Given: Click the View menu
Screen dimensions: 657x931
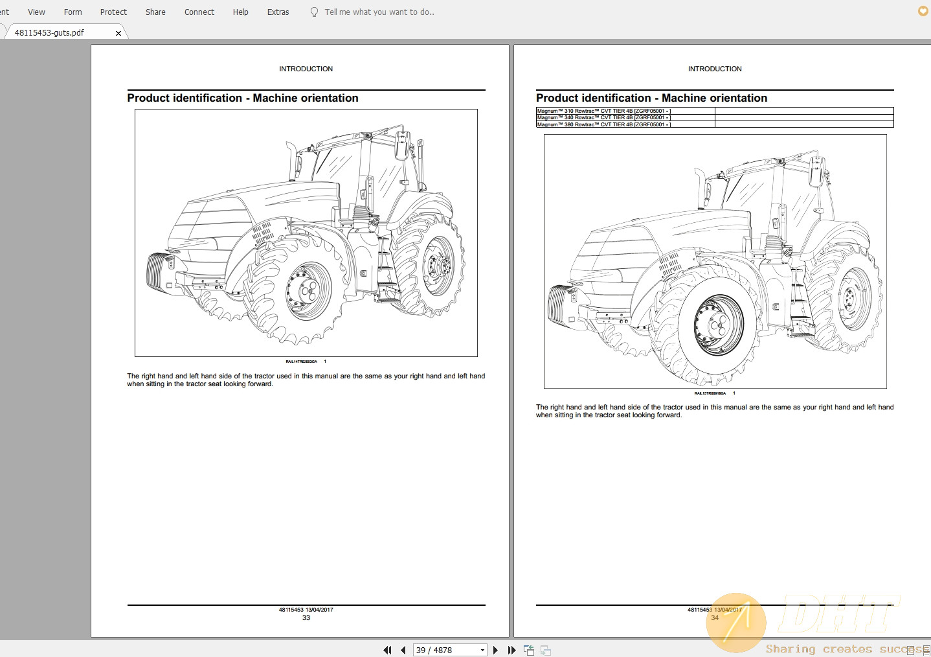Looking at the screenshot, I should [x=36, y=12].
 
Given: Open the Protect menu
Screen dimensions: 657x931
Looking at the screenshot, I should [x=113, y=12].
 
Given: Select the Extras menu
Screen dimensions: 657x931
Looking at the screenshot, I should [x=278, y=12].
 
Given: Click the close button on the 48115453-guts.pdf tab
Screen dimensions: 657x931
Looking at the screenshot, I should [x=118, y=33].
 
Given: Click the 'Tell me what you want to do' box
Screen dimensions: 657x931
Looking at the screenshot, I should [x=379, y=12].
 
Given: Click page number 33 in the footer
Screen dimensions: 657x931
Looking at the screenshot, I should [x=306, y=618].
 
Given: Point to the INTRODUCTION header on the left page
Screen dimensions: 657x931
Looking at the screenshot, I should [x=306, y=69].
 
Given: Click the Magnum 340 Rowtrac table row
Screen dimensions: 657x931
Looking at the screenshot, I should [x=603, y=118].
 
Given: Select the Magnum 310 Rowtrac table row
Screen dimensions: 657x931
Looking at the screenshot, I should [x=603, y=111].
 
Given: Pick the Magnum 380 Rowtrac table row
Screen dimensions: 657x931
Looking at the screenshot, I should [x=603, y=124].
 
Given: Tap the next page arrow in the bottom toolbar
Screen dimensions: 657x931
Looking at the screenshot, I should [x=495, y=650].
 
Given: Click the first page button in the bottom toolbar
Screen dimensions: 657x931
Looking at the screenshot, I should [x=387, y=650].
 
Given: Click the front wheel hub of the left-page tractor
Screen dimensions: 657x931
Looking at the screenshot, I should [x=308, y=291].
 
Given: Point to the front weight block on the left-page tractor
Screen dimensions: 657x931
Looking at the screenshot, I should [x=159, y=270].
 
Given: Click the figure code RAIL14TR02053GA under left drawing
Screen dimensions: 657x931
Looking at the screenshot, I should [x=301, y=362].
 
